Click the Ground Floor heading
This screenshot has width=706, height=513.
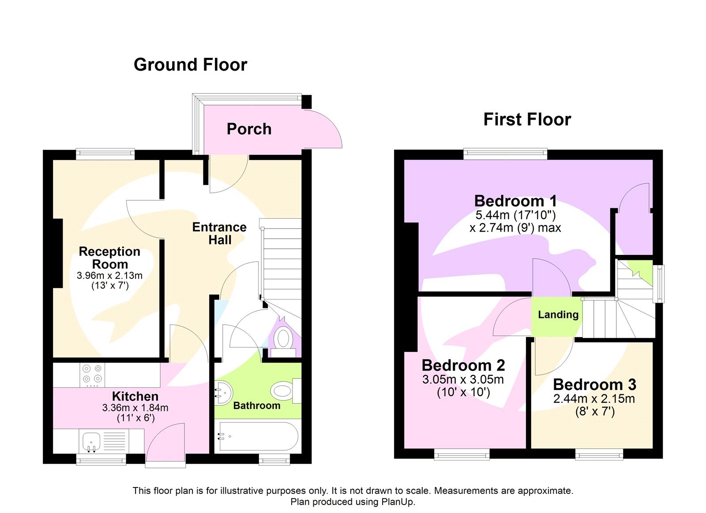[190, 65]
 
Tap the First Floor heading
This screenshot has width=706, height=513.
[527, 120]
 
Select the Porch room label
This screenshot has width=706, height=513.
[249, 129]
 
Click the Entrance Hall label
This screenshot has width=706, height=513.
[219, 233]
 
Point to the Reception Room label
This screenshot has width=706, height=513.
[109, 258]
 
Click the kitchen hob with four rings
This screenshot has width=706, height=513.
[92, 374]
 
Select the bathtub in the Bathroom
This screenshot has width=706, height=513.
[257, 437]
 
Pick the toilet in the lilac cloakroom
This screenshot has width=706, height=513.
[282, 340]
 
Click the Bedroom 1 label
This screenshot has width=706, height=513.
[515, 201]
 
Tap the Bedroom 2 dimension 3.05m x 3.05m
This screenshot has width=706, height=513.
[463, 379]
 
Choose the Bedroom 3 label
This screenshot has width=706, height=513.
[594, 385]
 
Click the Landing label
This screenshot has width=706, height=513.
[558, 315]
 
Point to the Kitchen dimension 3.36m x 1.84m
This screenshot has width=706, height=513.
[135, 408]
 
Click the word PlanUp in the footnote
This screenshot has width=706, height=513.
[398, 502]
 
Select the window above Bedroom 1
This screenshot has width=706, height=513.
[505, 154]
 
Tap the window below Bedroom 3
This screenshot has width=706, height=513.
[599, 454]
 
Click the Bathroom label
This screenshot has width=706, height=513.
[256, 406]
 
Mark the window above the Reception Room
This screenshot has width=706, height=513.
[105, 154]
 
